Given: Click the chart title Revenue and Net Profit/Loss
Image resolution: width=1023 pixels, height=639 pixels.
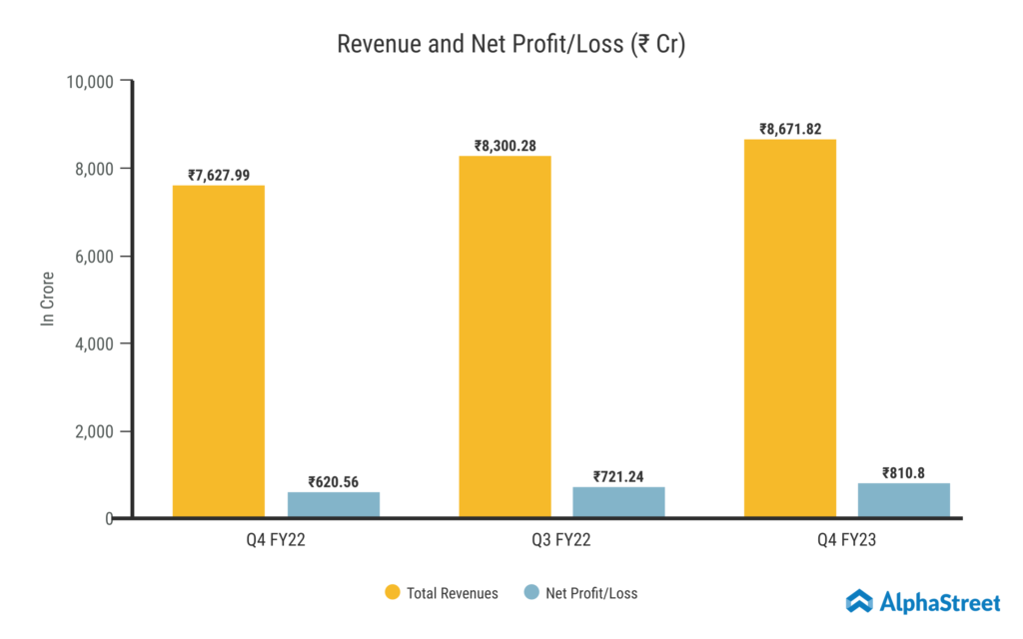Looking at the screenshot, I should (x=511, y=45).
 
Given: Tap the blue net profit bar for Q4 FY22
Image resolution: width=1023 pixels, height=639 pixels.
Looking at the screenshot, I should (x=334, y=504).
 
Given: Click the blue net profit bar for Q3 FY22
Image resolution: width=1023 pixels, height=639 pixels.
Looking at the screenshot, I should (x=618, y=501).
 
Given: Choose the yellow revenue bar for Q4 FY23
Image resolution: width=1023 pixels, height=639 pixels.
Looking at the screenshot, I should (x=789, y=328).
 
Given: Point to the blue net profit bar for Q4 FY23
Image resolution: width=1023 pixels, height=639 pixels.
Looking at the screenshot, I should (x=904, y=499).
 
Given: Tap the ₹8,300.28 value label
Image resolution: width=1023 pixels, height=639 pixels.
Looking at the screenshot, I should (x=505, y=146).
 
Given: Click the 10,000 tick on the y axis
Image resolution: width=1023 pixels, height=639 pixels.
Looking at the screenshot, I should (x=90, y=81).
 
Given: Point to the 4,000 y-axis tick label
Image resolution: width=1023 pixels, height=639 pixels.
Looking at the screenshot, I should (x=95, y=343).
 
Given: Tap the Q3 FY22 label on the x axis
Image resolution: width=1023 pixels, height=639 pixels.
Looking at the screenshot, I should (x=561, y=543).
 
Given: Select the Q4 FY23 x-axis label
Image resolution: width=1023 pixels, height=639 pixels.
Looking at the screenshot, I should (x=847, y=543).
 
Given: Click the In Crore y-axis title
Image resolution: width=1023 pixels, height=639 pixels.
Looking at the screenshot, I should (x=47, y=299).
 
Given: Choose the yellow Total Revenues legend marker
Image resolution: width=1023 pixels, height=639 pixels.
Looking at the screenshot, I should (x=393, y=593).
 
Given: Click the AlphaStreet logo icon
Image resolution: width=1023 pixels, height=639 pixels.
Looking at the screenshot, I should (x=859, y=600).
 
